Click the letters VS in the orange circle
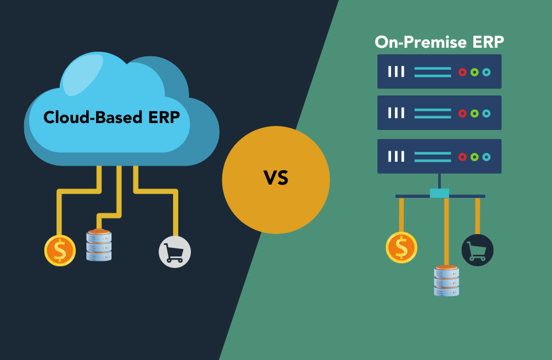(x=276, y=178)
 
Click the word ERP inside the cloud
(x=159, y=117)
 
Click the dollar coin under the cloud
(x=60, y=251)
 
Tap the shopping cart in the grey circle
(x=174, y=252)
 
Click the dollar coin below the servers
(x=401, y=248)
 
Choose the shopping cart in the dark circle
(x=477, y=250)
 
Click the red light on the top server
(x=462, y=72)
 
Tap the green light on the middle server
(x=474, y=113)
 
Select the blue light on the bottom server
(x=486, y=156)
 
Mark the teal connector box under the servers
(x=439, y=193)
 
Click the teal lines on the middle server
(x=432, y=113)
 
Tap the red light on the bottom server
(x=462, y=156)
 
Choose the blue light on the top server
(x=486, y=72)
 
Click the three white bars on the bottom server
(x=396, y=156)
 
